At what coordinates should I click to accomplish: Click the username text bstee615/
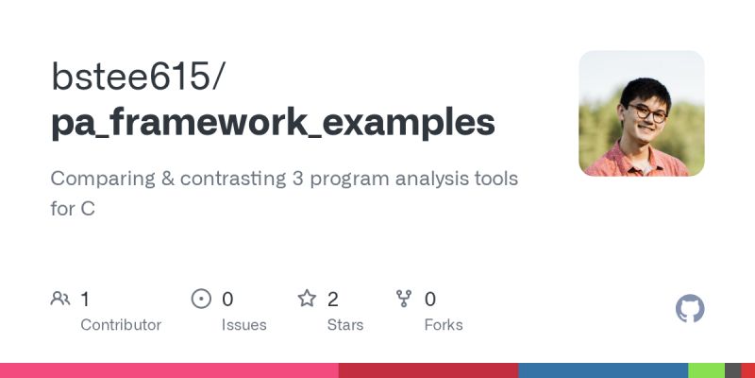[x=138, y=77]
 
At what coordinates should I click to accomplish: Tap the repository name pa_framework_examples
[x=273, y=122]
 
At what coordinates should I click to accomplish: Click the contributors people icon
[x=60, y=300]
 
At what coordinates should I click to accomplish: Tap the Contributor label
[x=121, y=325]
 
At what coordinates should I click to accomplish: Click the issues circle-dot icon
[x=201, y=300]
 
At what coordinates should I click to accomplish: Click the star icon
[x=307, y=300]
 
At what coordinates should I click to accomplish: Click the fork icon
[x=405, y=300]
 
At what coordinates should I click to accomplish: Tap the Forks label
[x=444, y=325]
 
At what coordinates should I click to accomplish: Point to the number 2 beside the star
[x=333, y=300]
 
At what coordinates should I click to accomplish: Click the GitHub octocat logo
[x=691, y=309]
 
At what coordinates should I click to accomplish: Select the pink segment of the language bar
[x=169, y=370]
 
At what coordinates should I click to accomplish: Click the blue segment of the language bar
[x=603, y=370]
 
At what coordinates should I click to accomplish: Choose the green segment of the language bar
[x=706, y=370]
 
